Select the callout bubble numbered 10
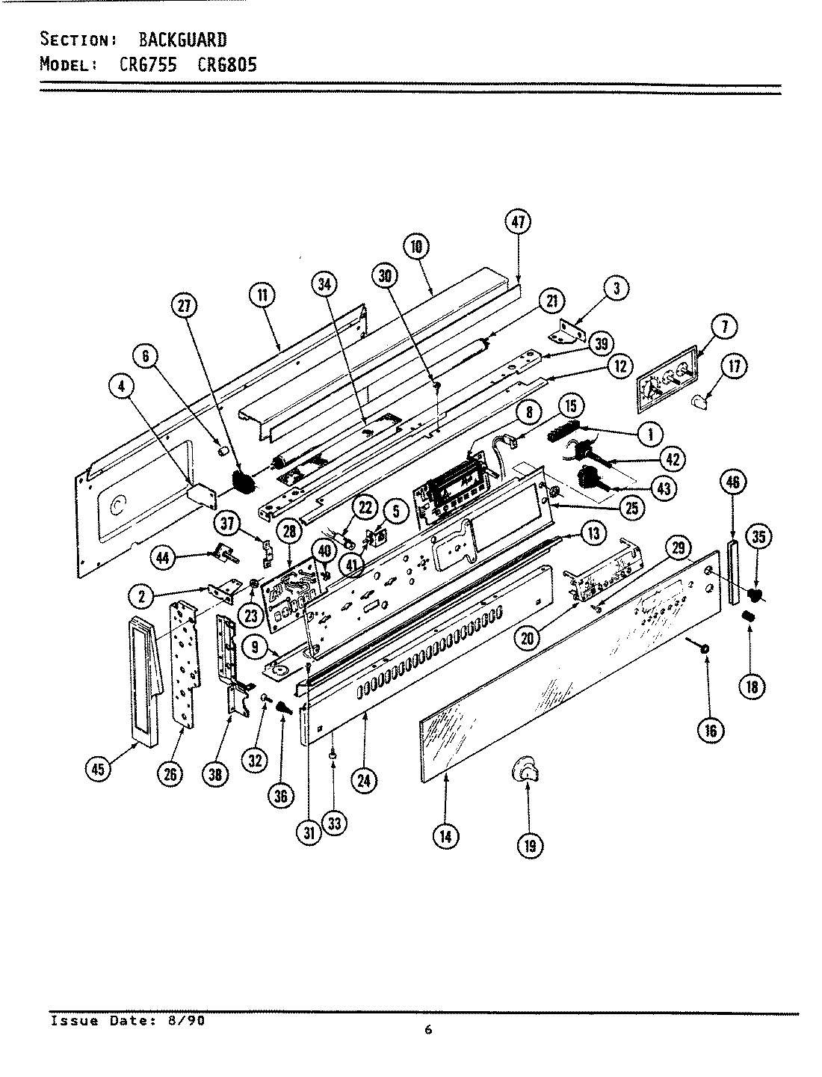(x=415, y=246)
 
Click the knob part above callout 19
(x=525, y=770)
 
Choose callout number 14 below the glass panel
(x=445, y=836)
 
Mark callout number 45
(x=97, y=770)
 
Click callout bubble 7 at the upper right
(x=724, y=326)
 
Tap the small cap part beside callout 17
(x=700, y=403)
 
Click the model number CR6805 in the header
(x=227, y=64)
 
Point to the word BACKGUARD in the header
(x=183, y=40)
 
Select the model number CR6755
(x=147, y=64)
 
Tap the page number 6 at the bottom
(x=428, y=1031)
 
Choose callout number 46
(x=732, y=482)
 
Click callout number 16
(x=710, y=730)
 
